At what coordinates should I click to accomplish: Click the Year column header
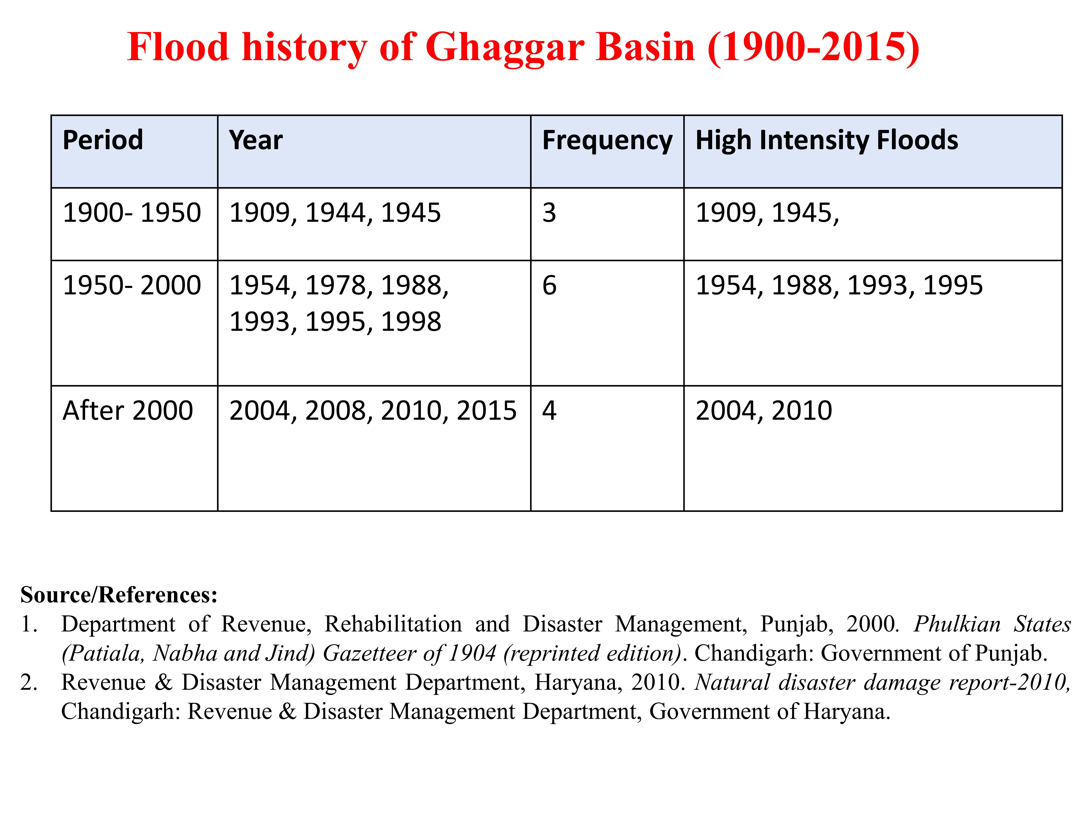tap(256, 140)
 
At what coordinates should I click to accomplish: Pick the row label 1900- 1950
tap(132, 213)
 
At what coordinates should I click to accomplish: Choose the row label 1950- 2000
tap(132, 285)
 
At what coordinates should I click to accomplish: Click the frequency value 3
tap(549, 213)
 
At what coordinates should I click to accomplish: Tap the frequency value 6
tap(549, 285)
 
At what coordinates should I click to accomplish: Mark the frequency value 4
tap(549, 411)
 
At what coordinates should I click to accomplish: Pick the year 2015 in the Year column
tap(487, 411)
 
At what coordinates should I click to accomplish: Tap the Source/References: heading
tap(119, 595)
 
